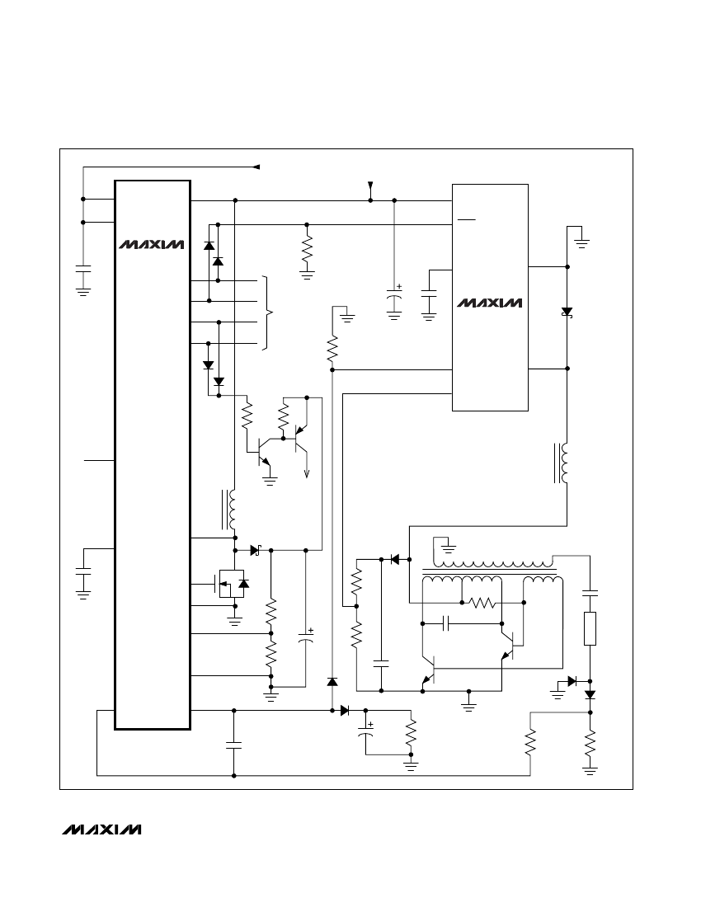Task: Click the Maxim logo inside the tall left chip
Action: [x=152, y=245]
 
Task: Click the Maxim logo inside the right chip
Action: [x=489, y=303]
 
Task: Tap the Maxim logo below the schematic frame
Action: [x=101, y=829]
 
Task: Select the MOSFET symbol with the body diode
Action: [x=232, y=585]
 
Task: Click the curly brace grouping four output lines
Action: [x=267, y=313]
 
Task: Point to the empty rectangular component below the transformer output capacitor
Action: [x=590, y=628]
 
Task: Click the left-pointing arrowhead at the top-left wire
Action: [x=256, y=167]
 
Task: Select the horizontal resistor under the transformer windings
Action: [x=481, y=603]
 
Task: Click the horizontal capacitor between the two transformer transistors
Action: [x=446, y=623]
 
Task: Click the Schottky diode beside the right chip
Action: [x=567, y=313]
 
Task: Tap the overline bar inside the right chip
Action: [x=466, y=220]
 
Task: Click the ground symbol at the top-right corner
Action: [x=581, y=243]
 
